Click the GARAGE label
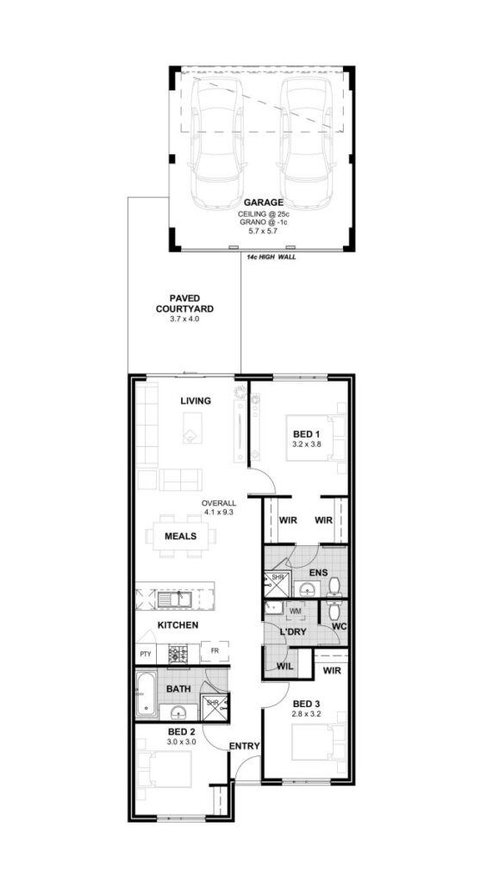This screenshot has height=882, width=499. click(263, 202)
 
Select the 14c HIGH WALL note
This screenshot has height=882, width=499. click(271, 257)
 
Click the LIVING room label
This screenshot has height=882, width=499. click(196, 401)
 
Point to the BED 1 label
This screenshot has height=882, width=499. click(307, 434)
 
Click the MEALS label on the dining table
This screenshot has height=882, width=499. click(181, 536)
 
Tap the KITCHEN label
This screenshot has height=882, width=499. click(178, 625)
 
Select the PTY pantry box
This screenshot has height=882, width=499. click(146, 654)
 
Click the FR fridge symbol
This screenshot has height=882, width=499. click(215, 651)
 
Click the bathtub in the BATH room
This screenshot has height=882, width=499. click(147, 695)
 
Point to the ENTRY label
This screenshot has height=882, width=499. click(244, 747)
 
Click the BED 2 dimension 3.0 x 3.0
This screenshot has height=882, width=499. click(182, 742)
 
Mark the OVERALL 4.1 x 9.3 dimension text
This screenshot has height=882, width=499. click(220, 507)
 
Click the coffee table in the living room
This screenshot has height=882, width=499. click(192, 428)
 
